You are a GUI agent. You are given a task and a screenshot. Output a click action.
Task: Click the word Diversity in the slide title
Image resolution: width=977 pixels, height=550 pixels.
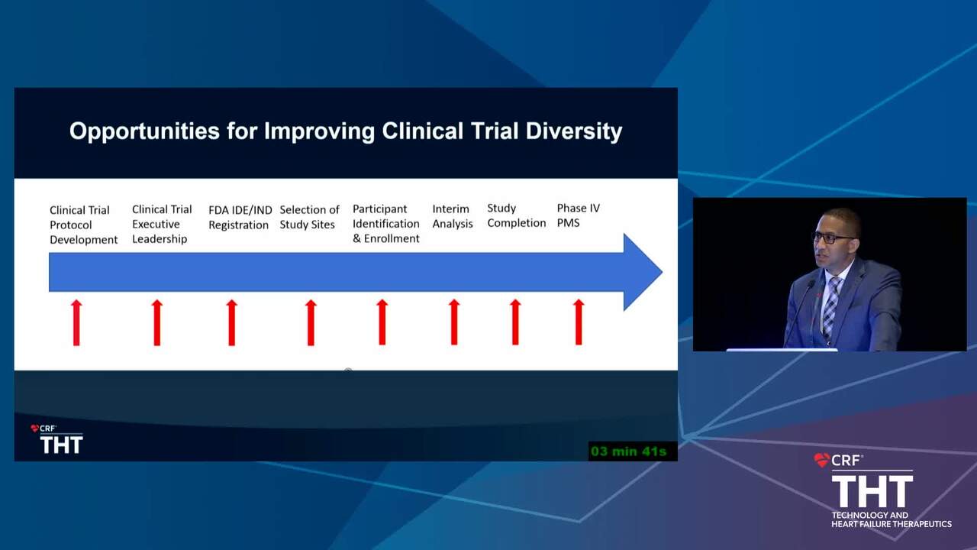click(x=573, y=131)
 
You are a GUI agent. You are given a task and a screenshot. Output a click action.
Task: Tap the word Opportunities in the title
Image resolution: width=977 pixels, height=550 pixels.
click(x=144, y=131)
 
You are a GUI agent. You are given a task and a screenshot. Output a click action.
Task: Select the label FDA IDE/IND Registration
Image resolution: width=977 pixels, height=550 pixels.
click(x=240, y=218)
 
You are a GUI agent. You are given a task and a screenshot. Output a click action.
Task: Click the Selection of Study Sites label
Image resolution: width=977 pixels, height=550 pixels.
click(x=309, y=217)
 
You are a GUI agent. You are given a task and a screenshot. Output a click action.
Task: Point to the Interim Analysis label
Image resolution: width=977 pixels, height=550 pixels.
click(x=453, y=216)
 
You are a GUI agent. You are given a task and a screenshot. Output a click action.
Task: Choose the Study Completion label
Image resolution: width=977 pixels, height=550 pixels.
click(x=517, y=215)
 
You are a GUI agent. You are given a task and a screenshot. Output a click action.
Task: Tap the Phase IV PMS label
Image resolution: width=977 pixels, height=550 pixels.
click(x=578, y=215)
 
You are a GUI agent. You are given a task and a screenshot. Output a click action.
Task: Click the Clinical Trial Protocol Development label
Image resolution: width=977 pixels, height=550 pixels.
click(x=83, y=225)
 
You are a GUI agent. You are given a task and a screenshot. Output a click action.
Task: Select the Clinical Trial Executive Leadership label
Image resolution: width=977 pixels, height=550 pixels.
click(x=162, y=224)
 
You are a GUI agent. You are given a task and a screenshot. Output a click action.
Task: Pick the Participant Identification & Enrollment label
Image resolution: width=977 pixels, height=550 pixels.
click(x=385, y=224)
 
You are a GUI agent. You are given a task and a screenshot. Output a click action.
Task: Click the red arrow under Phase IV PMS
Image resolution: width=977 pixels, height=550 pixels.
click(x=579, y=322)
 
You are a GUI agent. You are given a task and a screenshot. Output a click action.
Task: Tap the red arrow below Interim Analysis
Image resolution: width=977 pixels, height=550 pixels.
click(x=454, y=322)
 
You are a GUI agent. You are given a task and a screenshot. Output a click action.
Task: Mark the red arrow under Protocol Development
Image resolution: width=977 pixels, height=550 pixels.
click(x=76, y=322)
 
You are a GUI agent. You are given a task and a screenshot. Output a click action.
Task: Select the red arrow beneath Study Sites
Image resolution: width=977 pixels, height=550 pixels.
click(x=311, y=322)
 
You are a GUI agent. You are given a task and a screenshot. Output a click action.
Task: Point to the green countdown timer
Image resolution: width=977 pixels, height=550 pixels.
click(x=628, y=451)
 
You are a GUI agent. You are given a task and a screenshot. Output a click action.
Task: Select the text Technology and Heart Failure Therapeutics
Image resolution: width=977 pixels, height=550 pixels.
click(x=891, y=519)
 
